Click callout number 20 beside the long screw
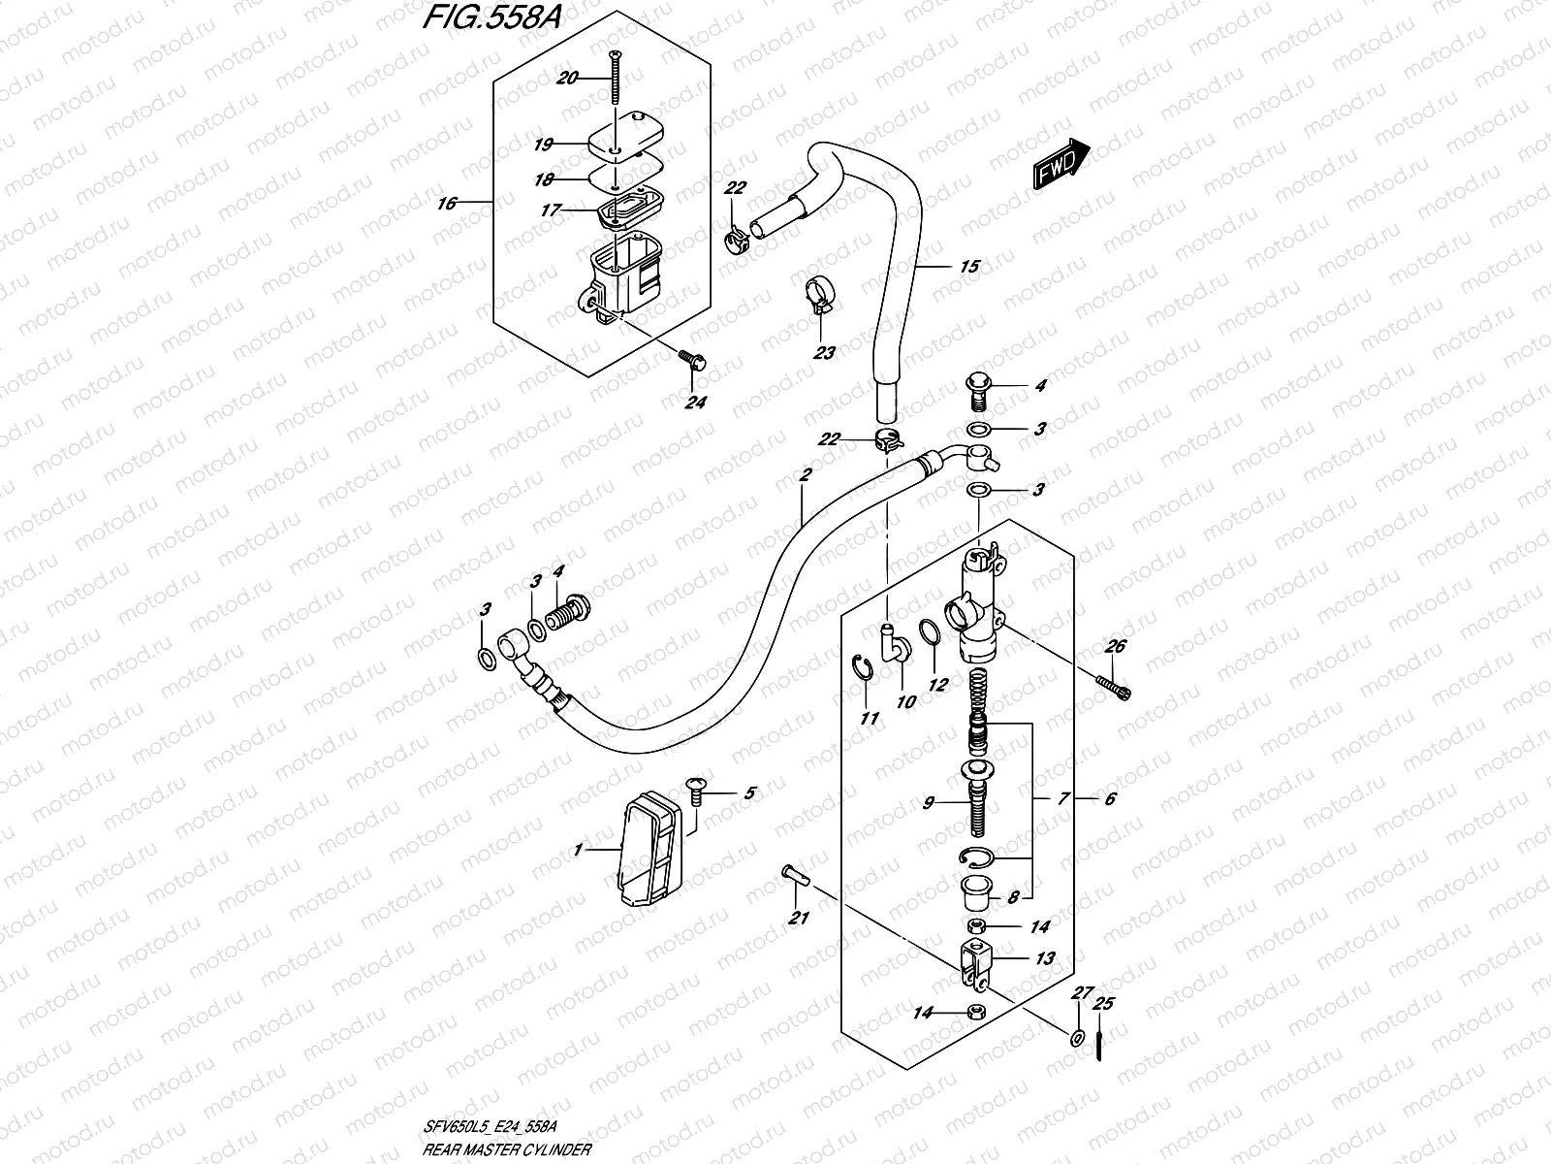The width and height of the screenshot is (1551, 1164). [x=568, y=78]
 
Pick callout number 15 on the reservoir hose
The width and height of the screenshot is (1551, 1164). [x=969, y=267]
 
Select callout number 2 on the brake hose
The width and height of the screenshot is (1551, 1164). [x=805, y=475]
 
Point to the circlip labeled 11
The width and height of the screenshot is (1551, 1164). [x=865, y=671]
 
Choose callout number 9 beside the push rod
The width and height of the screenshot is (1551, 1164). [x=928, y=802]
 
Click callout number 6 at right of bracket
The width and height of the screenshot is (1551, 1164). [x=1110, y=798]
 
